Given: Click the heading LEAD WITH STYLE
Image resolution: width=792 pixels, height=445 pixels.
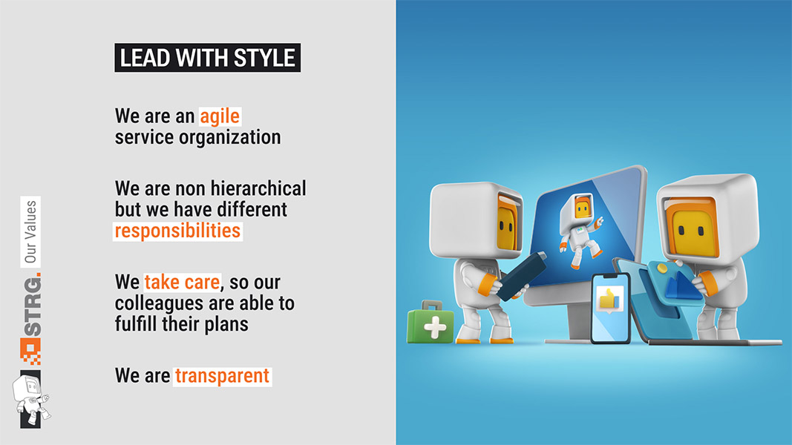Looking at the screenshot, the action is [208, 58].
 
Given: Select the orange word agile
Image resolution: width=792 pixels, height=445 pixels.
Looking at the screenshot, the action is [220, 116].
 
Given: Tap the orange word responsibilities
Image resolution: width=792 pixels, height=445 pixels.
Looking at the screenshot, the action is [178, 231].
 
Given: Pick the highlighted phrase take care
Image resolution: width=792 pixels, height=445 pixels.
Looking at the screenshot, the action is [183, 283].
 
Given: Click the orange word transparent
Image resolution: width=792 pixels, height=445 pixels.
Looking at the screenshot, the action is [222, 376].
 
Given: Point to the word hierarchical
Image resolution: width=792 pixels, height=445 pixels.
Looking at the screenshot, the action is [258, 188].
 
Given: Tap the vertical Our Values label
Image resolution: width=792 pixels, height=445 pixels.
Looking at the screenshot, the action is [31, 231].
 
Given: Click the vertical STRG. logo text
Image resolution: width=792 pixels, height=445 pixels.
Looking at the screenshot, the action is [33, 305].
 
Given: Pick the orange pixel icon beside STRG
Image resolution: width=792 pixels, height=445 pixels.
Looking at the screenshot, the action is [31, 351].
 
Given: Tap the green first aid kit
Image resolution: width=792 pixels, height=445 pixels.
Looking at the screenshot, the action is [430, 323].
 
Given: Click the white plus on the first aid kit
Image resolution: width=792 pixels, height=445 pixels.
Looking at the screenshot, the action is [435, 328].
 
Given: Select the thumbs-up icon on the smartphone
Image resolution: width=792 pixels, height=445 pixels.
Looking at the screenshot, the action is [609, 300].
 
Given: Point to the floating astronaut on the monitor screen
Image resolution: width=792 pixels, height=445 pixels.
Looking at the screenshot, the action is [580, 230].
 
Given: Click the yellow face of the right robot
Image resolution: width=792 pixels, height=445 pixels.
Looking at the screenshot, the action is [691, 233].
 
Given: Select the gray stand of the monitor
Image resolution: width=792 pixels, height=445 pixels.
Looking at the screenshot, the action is [575, 323].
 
